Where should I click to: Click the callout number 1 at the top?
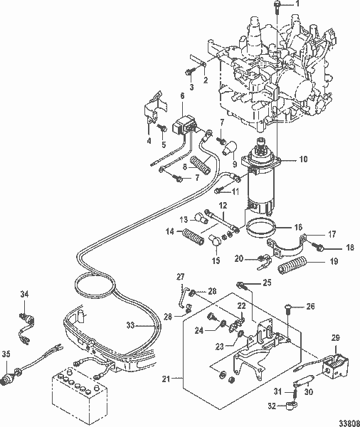297,5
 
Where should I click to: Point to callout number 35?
6,353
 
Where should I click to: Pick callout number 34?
24,293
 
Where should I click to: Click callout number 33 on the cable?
129,325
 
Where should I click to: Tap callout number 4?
149,141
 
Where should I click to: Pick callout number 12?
222,206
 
